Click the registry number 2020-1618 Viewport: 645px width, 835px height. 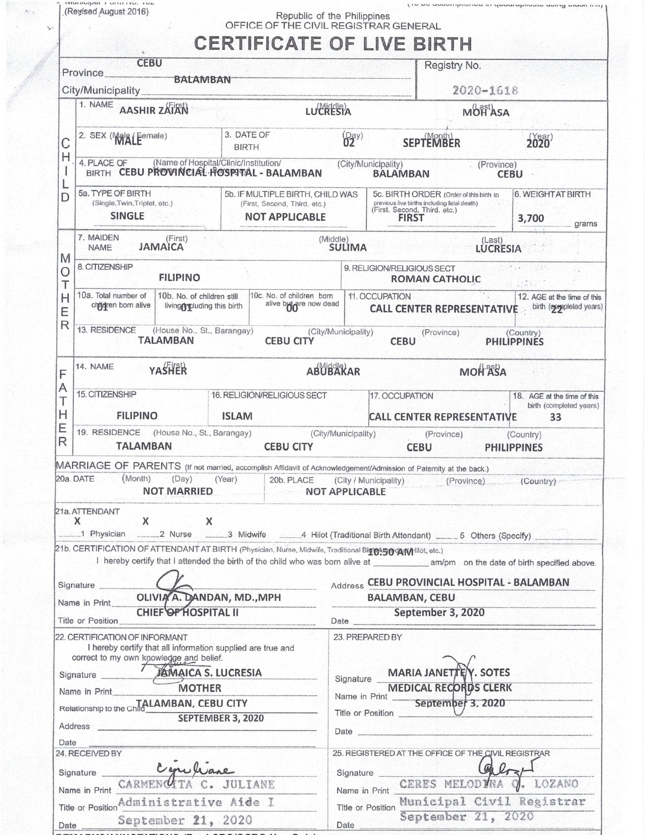coord(485,91)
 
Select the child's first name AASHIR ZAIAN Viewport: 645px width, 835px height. coord(154,111)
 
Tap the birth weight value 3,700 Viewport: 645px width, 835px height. coord(531,219)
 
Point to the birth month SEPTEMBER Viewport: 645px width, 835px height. coord(431,143)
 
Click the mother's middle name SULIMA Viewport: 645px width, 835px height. coord(348,248)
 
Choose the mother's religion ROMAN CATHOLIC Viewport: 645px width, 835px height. coord(436,279)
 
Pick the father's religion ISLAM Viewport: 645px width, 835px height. coord(237,416)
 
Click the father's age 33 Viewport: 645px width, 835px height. coord(555,417)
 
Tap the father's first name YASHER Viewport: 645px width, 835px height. coord(168,371)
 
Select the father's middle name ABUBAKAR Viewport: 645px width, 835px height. coord(333,372)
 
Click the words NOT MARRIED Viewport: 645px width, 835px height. coord(178,491)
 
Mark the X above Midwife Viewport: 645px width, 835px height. coord(209,521)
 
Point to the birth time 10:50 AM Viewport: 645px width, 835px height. coord(390,553)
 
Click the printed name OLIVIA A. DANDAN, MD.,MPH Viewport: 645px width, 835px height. coord(209,597)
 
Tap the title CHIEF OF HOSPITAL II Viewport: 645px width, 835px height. coord(187,613)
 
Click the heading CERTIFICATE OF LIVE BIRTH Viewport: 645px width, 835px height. coord(333,44)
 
